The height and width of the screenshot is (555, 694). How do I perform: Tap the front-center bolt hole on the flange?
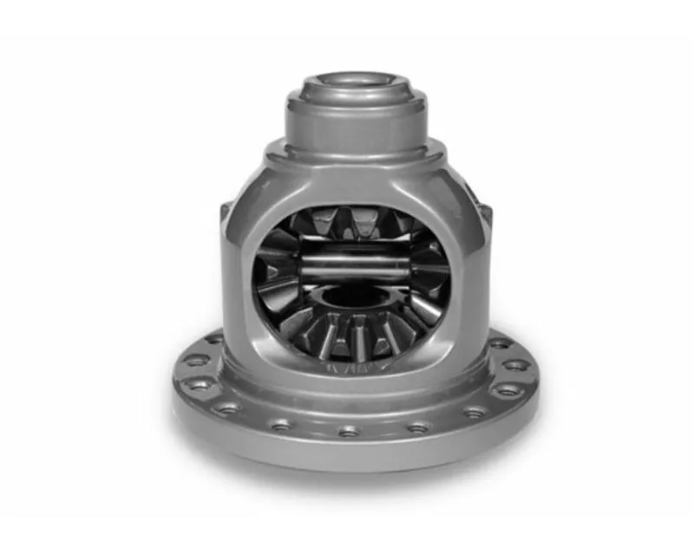tap(350, 429)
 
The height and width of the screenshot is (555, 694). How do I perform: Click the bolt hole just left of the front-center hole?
tap(283, 425)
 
